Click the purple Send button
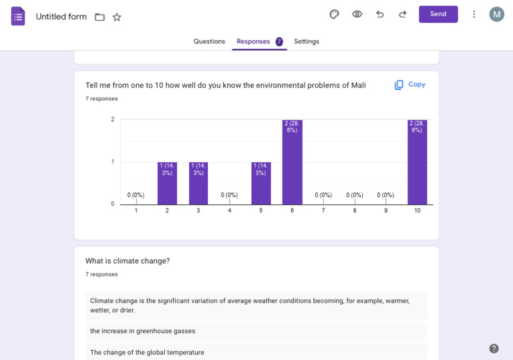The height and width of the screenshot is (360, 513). [x=438, y=14]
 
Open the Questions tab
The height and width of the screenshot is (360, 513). [x=209, y=41]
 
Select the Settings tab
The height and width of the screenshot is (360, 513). [x=307, y=41]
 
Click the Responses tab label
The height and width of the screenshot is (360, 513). [x=253, y=41]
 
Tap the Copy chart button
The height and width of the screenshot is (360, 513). [x=410, y=85]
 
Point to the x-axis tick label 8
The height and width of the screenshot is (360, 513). [x=355, y=210]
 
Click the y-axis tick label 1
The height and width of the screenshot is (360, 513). [x=112, y=162]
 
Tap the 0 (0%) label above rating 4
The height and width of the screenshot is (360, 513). [x=229, y=195]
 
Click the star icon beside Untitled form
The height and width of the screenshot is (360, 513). [x=117, y=17]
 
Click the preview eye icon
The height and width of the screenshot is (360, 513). [x=357, y=14]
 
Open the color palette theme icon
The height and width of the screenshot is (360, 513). [x=335, y=14]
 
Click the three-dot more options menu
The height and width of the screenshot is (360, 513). [x=474, y=14]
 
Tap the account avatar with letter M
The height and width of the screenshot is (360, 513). [x=496, y=14]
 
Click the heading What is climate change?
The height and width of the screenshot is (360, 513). [x=128, y=261]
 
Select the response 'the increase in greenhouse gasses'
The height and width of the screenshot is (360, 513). [x=142, y=331]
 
